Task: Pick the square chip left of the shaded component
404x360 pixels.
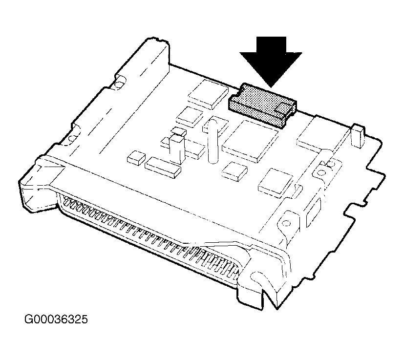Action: (x=209, y=93)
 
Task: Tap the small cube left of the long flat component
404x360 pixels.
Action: (x=135, y=157)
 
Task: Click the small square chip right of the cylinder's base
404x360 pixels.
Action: (x=234, y=171)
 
